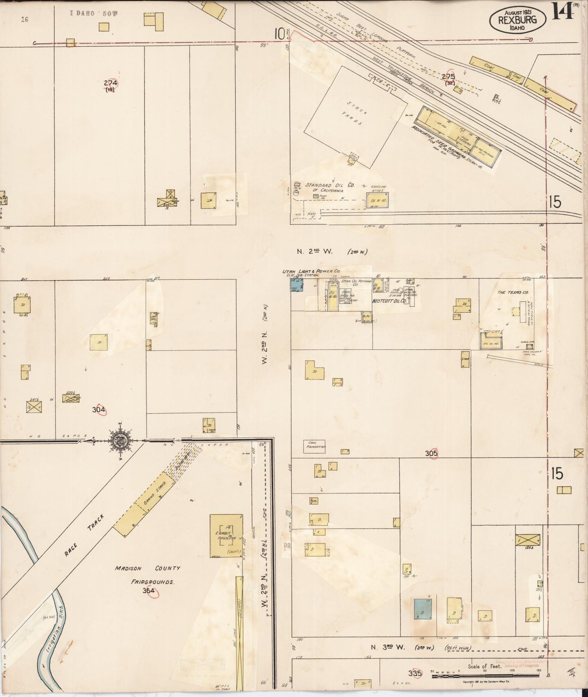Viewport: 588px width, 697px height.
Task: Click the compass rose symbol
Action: point(121,440)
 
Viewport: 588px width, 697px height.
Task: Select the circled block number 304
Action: point(99,410)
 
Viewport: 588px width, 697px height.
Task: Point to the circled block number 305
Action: point(431,453)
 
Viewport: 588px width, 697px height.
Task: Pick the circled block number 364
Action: point(149,591)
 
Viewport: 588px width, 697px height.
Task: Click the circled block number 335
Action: point(415,673)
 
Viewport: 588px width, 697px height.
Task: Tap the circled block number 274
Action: point(111,83)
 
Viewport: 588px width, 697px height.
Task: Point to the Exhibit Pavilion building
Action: point(226,536)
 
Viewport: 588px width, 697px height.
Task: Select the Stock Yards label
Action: point(354,116)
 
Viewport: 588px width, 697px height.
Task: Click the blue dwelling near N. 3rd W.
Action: point(423,609)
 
